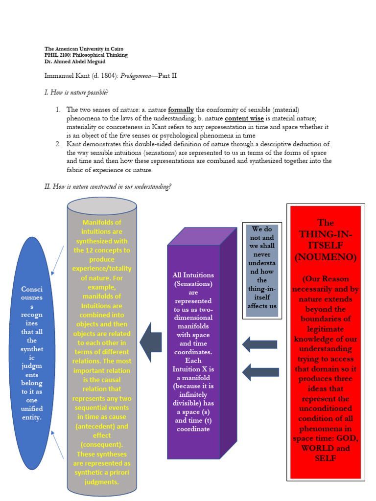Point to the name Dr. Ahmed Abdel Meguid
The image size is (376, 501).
click(x=75, y=62)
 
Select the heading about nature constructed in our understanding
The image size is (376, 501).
click(x=108, y=186)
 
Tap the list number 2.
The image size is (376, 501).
click(x=57, y=144)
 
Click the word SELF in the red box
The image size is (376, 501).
click(x=325, y=458)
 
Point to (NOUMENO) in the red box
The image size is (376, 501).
click(x=326, y=256)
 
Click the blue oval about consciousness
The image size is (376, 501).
click(x=32, y=352)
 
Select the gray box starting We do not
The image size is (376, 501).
click(x=262, y=270)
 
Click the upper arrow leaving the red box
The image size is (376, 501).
click(x=260, y=344)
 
